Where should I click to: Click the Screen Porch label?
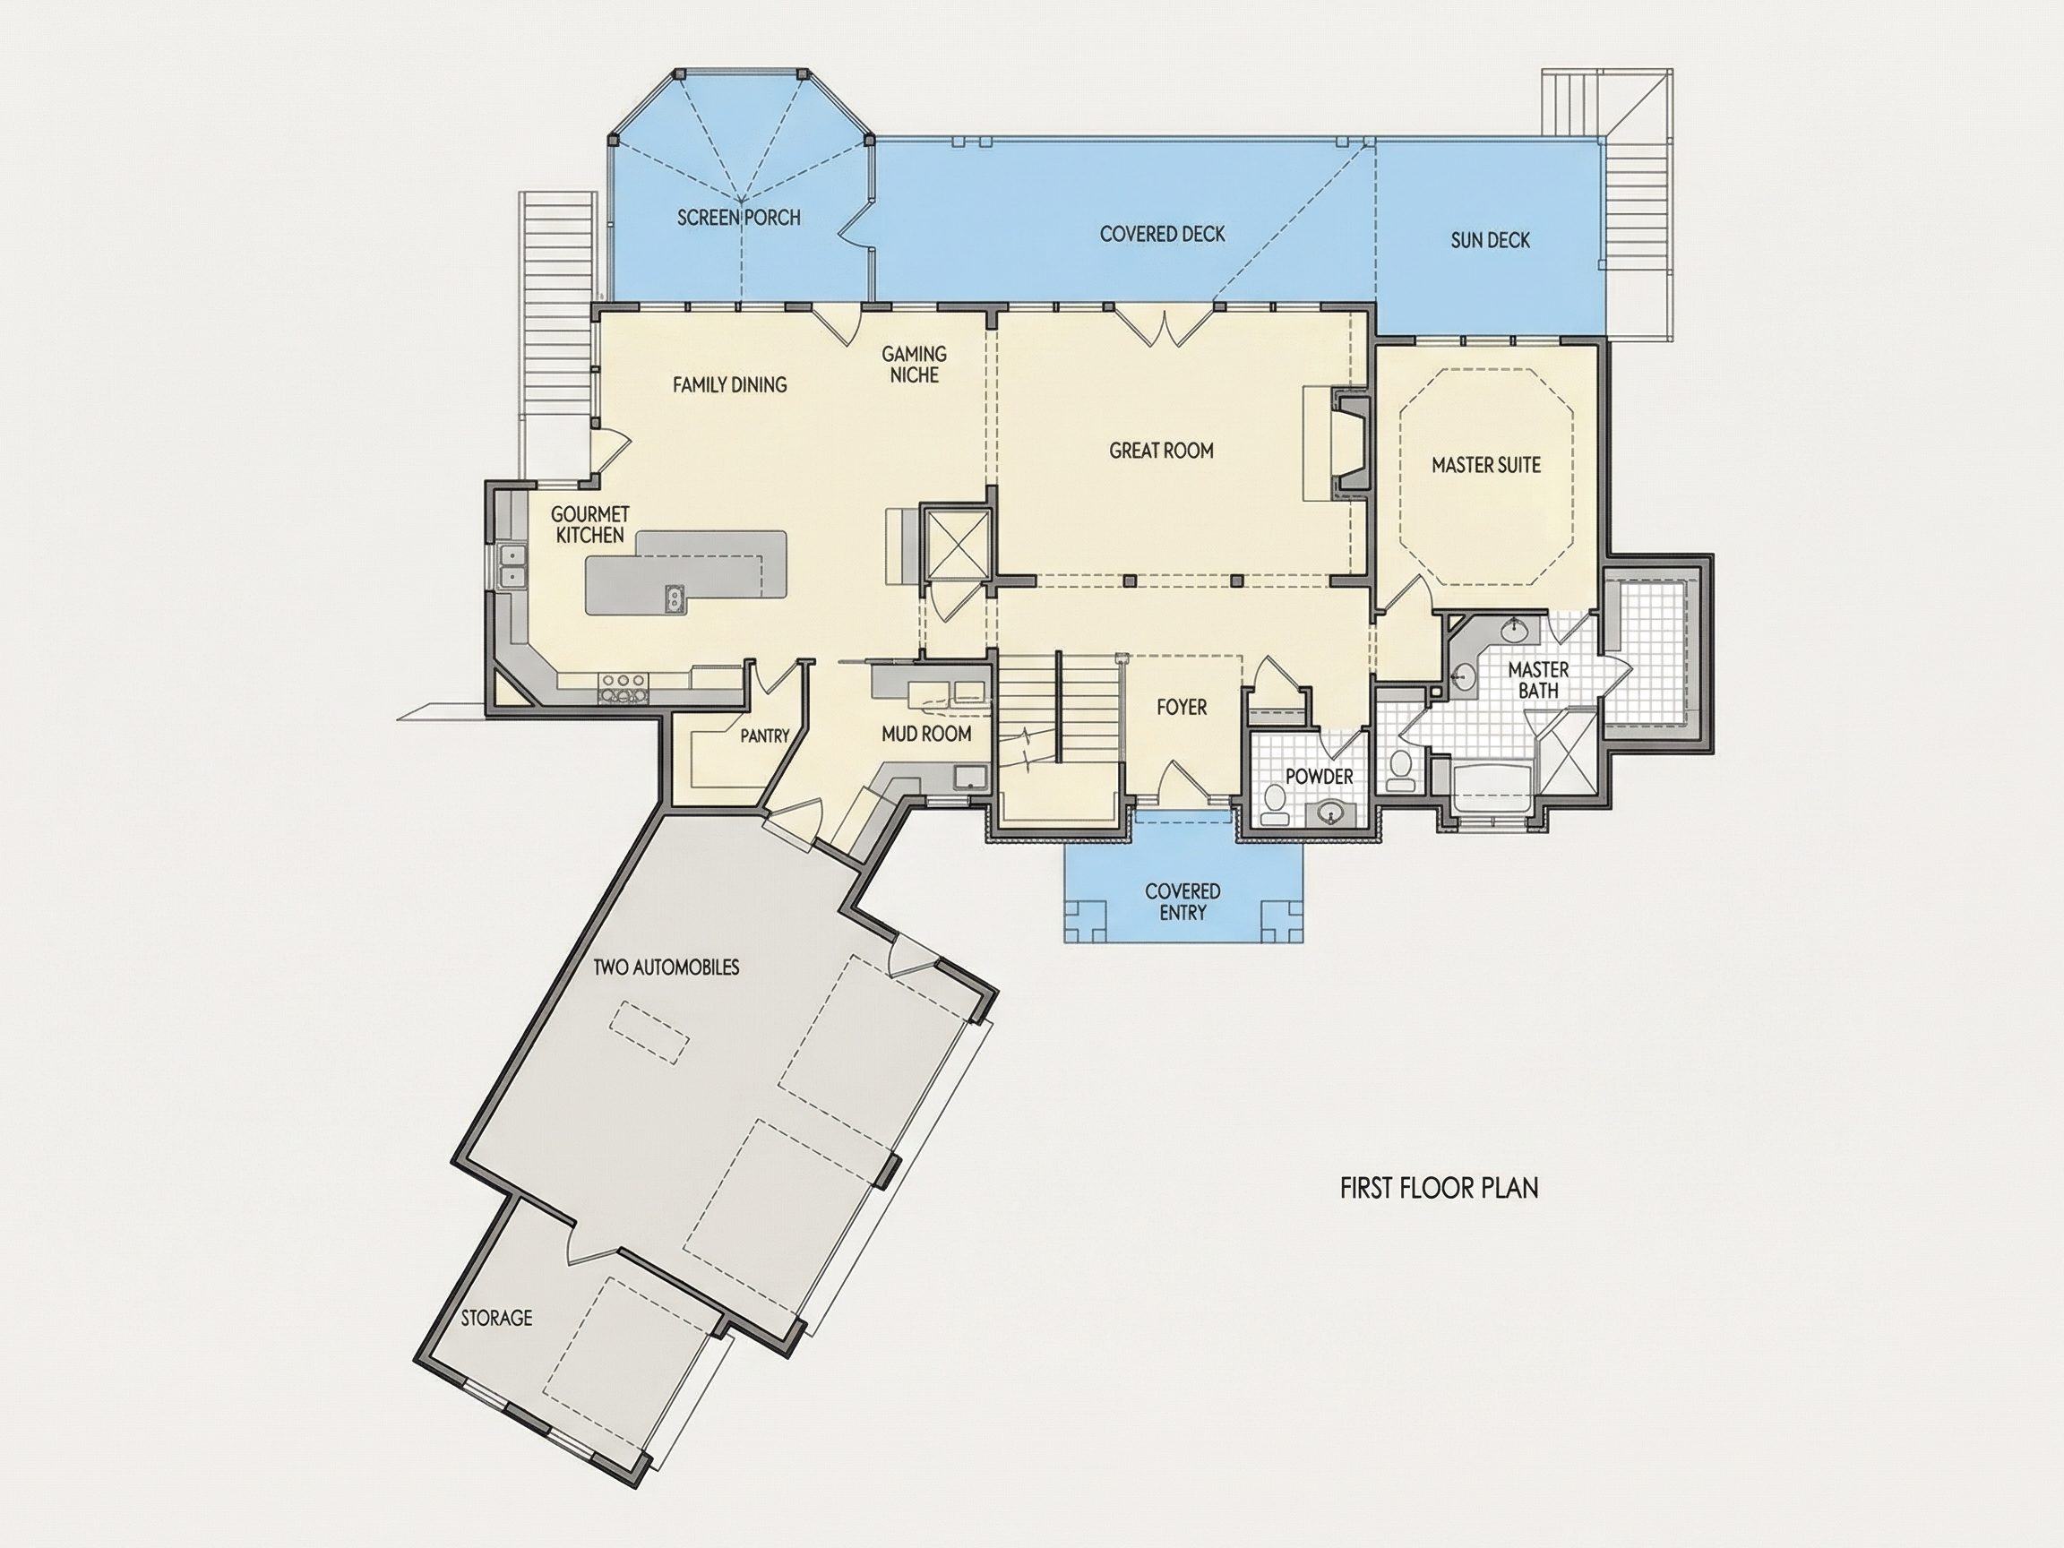pyautogui.click(x=739, y=218)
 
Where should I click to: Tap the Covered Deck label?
pyautogui.click(x=1163, y=234)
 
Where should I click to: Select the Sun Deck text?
pyautogui.click(x=1490, y=240)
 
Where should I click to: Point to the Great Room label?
pyautogui.click(x=1162, y=451)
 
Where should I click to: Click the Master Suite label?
pyautogui.click(x=1486, y=465)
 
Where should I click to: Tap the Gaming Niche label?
pyautogui.click(x=915, y=364)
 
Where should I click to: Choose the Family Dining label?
pyautogui.click(x=730, y=384)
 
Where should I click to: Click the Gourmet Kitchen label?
pyautogui.click(x=589, y=524)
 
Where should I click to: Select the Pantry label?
pyautogui.click(x=765, y=736)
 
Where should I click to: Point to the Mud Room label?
pyautogui.click(x=926, y=735)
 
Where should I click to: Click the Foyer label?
pyautogui.click(x=1182, y=708)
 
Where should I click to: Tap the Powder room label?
pyautogui.click(x=1320, y=777)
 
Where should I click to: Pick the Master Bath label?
pyautogui.click(x=1539, y=680)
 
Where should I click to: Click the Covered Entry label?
pyautogui.click(x=1183, y=902)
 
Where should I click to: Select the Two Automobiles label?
pyautogui.click(x=666, y=967)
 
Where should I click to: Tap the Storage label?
pyautogui.click(x=496, y=1319)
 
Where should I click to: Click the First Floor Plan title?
pyautogui.click(x=1440, y=1188)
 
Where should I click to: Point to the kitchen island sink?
pyautogui.click(x=675, y=599)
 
